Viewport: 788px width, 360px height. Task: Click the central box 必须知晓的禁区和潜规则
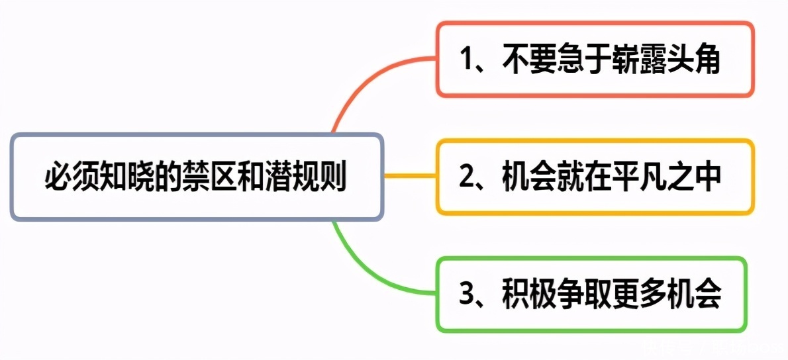click(x=197, y=176)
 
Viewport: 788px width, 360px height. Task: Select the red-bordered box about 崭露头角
click(x=595, y=60)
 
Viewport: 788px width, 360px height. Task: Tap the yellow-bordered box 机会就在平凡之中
click(x=595, y=177)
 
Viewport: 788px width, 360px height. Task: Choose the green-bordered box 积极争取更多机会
click(x=591, y=294)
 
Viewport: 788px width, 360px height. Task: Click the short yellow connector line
click(x=410, y=176)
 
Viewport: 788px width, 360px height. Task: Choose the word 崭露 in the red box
click(x=638, y=60)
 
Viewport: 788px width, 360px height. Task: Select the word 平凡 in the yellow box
click(x=638, y=177)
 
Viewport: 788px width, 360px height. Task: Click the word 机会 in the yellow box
click(x=529, y=177)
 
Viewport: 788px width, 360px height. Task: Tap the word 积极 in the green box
click(x=529, y=294)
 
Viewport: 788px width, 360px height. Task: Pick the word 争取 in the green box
click(x=583, y=294)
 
